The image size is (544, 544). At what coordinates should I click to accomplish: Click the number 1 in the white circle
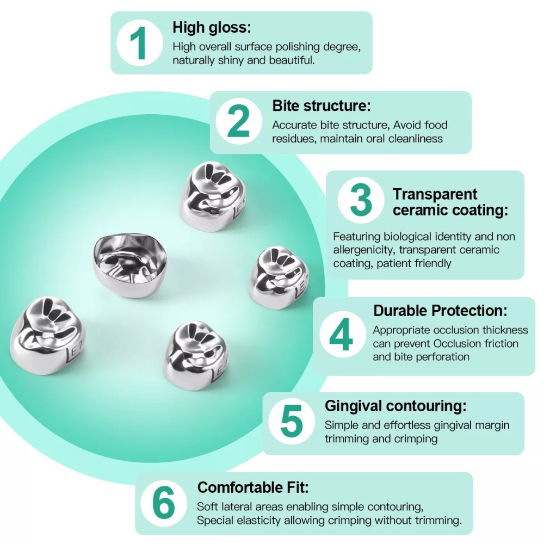tap(139, 43)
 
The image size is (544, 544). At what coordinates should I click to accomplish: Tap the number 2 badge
tap(239, 121)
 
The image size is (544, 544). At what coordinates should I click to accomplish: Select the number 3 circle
tap(361, 200)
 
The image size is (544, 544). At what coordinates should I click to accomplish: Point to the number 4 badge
tap(342, 335)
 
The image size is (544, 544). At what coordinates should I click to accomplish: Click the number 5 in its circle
tap(292, 422)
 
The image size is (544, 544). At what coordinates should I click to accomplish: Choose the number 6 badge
tap(164, 503)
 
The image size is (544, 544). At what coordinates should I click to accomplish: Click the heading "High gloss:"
tap(212, 27)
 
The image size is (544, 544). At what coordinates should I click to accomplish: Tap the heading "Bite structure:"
tap(322, 106)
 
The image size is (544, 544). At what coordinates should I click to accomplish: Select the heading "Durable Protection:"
tap(440, 311)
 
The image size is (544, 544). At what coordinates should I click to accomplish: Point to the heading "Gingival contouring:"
tap(395, 406)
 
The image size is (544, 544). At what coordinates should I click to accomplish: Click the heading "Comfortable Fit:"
tap(253, 487)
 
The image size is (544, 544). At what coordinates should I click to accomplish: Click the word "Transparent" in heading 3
tap(435, 194)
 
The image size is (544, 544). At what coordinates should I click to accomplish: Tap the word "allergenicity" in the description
tap(364, 250)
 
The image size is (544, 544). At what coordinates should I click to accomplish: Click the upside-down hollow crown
tap(130, 265)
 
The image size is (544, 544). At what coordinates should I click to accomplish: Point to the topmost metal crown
tap(213, 196)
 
